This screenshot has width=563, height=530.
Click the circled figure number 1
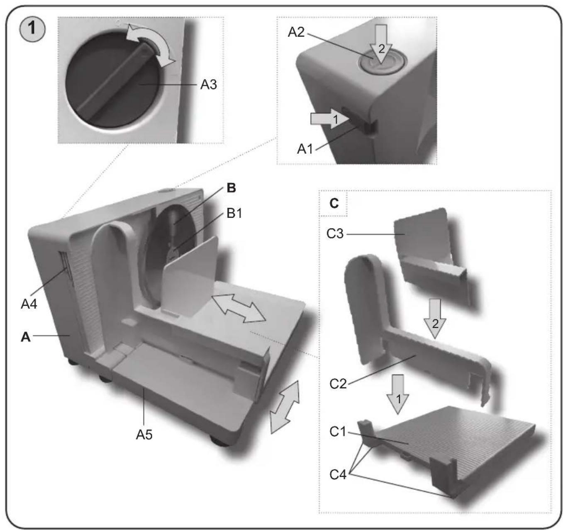[32, 29]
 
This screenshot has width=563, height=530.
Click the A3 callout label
[208, 85]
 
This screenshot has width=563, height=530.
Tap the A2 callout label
[296, 32]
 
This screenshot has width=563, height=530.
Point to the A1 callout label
[305, 149]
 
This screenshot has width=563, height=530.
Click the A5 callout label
[144, 435]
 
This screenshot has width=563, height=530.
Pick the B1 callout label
[234, 213]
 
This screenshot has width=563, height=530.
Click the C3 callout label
[335, 234]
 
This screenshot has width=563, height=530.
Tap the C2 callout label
[338, 384]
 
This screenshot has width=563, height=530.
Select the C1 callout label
[338, 432]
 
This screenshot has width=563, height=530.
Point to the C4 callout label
[338, 474]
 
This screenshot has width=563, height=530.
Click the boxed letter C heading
[334, 203]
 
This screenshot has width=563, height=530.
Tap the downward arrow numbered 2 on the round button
[381, 44]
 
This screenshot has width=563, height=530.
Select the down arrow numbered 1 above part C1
[398, 394]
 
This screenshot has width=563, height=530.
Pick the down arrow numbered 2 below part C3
[435, 318]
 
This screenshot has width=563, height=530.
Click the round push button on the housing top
[382, 62]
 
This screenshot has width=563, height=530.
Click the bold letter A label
[26, 337]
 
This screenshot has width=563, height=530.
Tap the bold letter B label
[232, 188]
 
